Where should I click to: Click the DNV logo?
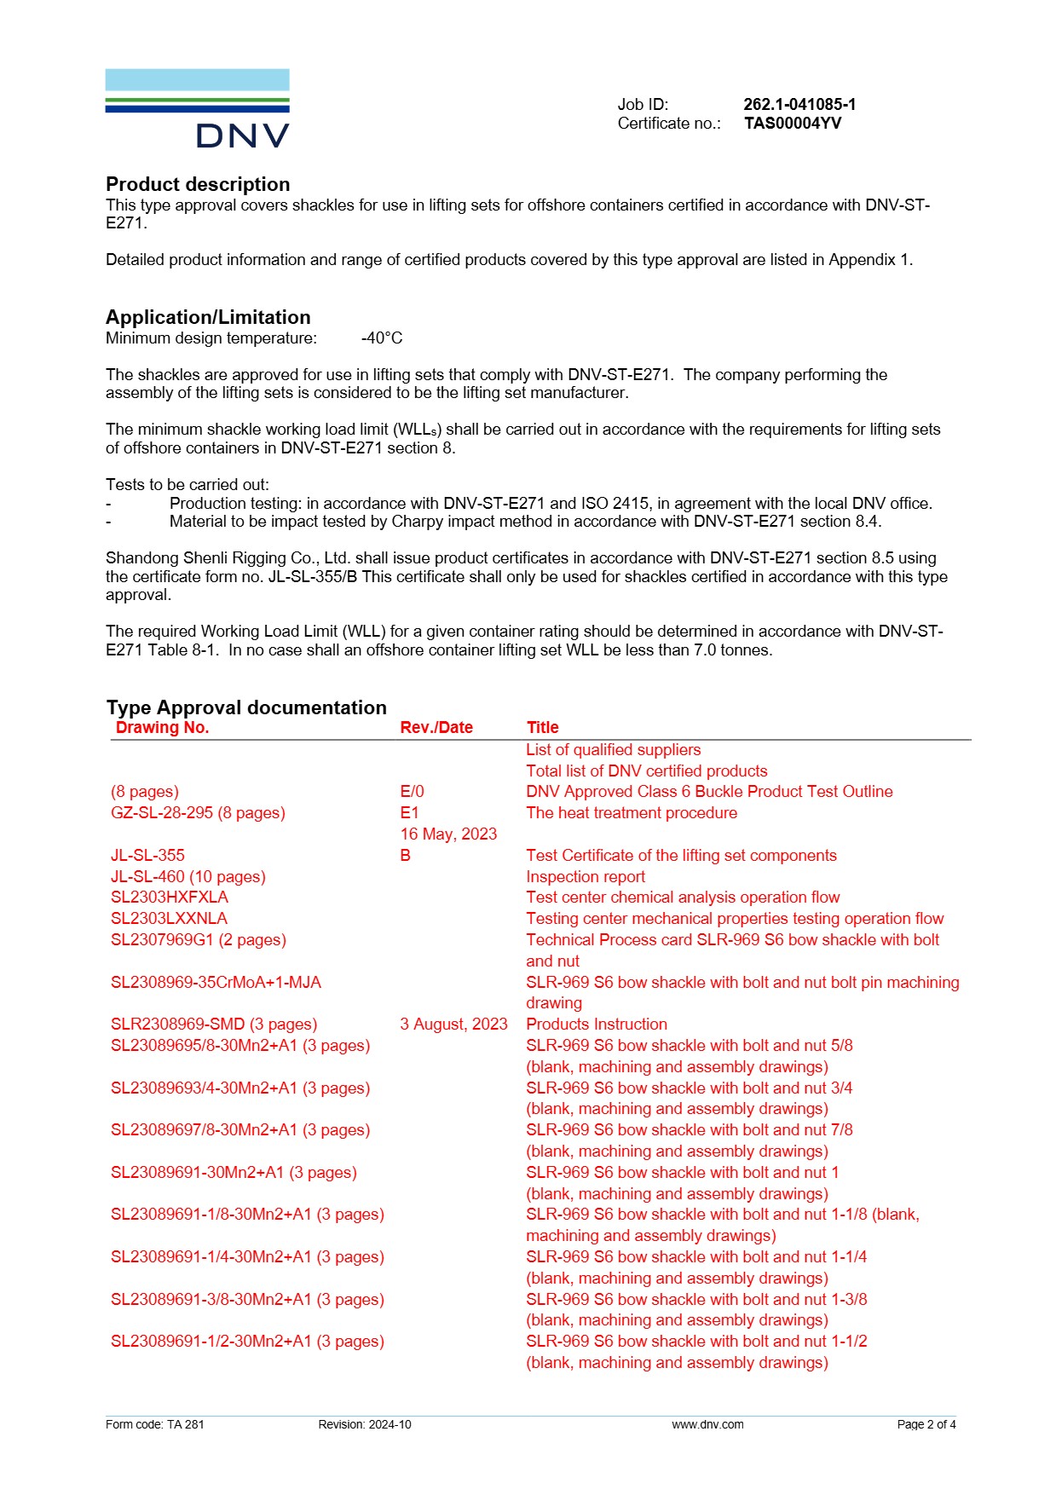click(197, 108)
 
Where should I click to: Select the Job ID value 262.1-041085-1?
click(799, 104)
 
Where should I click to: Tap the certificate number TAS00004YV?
click(792, 123)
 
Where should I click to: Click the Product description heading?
click(198, 184)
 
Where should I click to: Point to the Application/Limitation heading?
click(208, 317)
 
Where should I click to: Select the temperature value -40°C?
click(382, 338)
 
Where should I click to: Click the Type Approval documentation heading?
click(246, 707)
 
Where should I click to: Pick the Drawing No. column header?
click(162, 727)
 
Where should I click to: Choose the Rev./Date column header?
click(436, 727)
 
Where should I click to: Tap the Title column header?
click(542, 727)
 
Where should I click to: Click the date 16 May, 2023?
click(448, 834)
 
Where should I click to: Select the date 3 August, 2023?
click(453, 1024)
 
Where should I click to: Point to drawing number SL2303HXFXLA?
click(170, 897)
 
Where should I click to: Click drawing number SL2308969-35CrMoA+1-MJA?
click(216, 982)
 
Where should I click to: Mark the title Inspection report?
click(586, 876)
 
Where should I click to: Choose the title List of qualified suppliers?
click(613, 749)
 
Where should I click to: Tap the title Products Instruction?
click(597, 1024)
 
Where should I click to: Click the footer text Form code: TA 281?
click(155, 1424)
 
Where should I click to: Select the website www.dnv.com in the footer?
click(707, 1424)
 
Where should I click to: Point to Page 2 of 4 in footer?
click(926, 1424)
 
